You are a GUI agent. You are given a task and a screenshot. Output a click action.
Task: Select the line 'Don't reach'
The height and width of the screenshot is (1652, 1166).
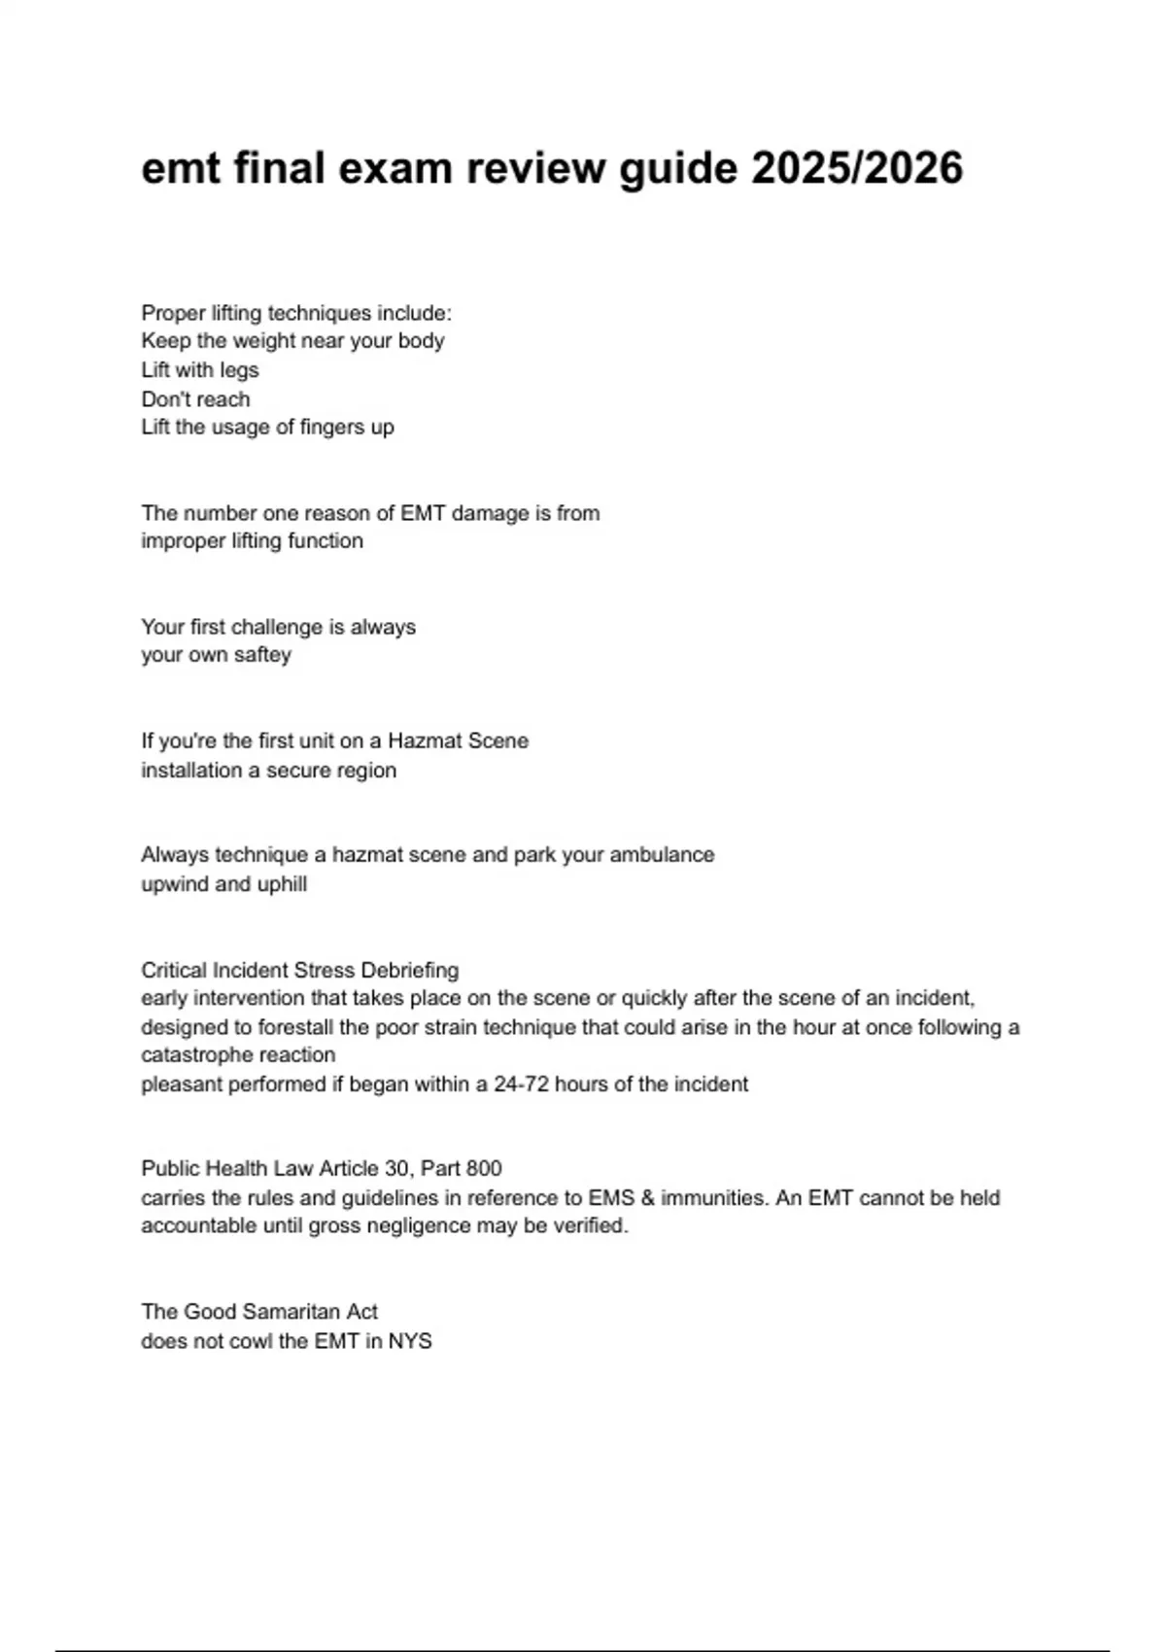point(195,398)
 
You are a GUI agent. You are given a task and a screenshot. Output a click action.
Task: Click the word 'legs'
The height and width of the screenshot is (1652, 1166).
point(239,370)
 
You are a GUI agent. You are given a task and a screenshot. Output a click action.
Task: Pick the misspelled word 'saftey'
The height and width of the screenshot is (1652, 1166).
point(262,655)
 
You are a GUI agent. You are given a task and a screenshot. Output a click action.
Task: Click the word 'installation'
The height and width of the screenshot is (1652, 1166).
point(186,770)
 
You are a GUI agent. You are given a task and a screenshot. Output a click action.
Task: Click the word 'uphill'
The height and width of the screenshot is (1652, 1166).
point(282,884)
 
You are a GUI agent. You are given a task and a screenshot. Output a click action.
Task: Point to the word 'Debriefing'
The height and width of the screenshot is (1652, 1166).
point(409,970)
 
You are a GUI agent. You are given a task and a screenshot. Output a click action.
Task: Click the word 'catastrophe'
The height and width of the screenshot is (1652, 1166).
point(196,1055)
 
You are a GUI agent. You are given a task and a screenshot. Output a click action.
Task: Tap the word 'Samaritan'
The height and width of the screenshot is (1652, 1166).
point(289,1312)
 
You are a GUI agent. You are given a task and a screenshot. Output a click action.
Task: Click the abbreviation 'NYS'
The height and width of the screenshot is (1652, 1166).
point(410,1341)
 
